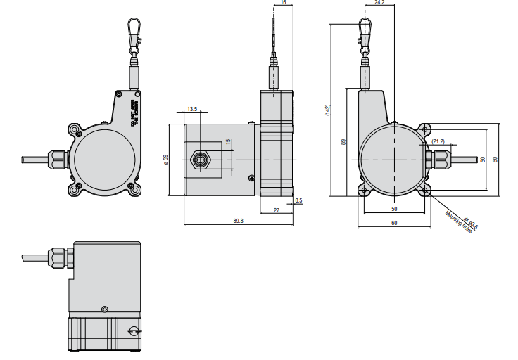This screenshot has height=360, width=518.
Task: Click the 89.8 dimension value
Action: coord(237,220)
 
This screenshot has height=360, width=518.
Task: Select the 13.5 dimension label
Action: coord(192,109)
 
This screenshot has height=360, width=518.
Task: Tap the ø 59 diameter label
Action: coord(165,159)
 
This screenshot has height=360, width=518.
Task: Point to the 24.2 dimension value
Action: coord(379,4)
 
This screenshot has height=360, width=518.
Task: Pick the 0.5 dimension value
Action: coord(299,201)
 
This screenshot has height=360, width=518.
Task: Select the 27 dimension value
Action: coord(276,210)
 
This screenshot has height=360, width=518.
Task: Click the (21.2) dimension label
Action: coord(438,142)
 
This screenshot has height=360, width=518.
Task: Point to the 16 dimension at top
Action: coord(283,4)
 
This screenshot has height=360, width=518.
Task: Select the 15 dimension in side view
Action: coord(227,142)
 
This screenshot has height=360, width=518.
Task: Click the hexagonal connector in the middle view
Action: coord(202,159)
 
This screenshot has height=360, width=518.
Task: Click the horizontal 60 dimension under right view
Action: coord(394,223)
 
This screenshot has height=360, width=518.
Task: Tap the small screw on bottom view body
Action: coord(105,308)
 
